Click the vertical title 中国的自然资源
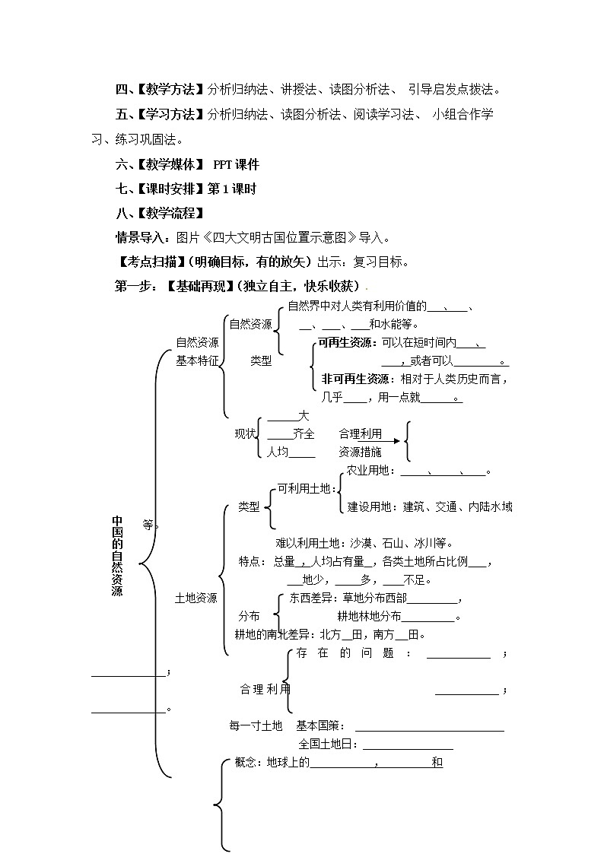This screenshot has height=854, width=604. (117, 555)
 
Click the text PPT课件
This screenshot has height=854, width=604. (236, 164)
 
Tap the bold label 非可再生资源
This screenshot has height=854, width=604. (352, 379)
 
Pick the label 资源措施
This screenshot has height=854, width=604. (361, 452)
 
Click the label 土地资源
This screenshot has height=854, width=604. (196, 598)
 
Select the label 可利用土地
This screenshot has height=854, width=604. (304, 488)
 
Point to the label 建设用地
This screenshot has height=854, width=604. (370, 506)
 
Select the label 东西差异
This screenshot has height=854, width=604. (310, 598)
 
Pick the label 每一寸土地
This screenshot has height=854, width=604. (256, 725)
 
